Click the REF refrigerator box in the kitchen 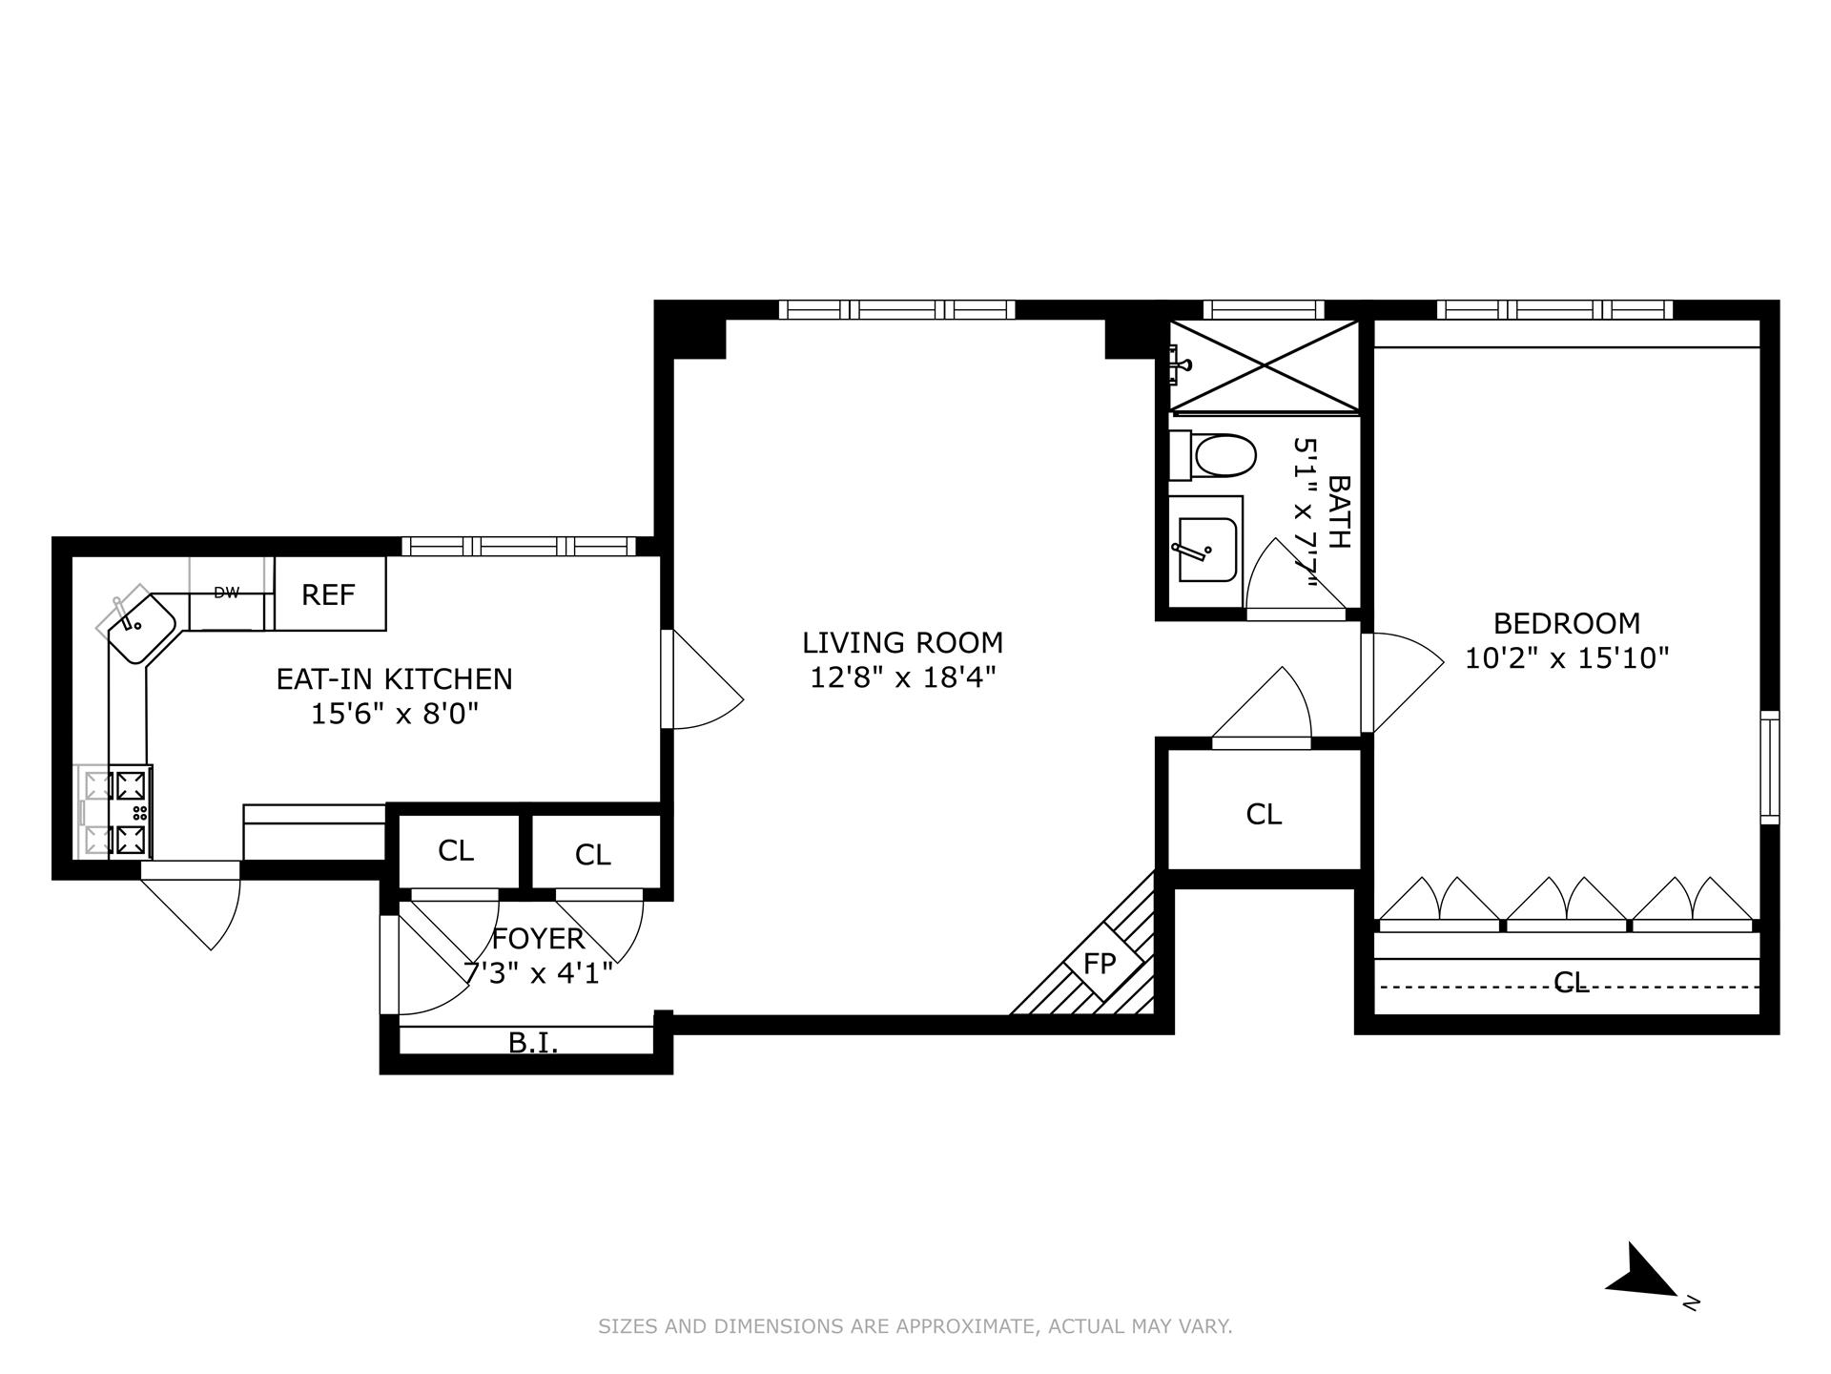click(x=329, y=594)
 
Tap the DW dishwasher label click(x=226, y=593)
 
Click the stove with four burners click(x=120, y=812)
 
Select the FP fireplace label click(x=1100, y=964)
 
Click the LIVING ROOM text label click(x=902, y=642)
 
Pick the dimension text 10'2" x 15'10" click(x=1567, y=658)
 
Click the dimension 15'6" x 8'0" click(x=394, y=714)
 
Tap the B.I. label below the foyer click(x=533, y=1043)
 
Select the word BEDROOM click(x=1567, y=623)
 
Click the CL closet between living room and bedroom click(x=1264, y=814)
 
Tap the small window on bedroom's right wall click(x=1770, y=766)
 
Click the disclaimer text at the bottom click(x=915, y=1326)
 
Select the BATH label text click(x=1339, y=511)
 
